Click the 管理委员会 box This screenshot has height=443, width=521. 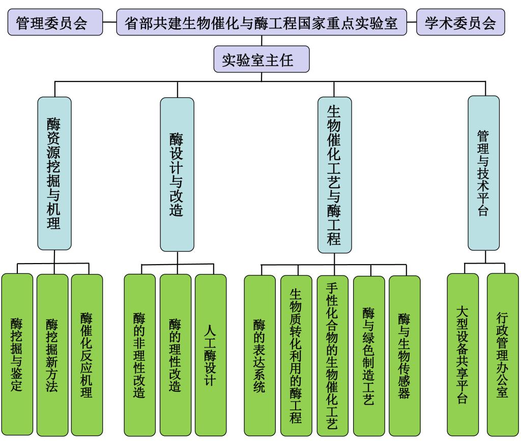(x=55, y=22)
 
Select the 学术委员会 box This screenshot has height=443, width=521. (x=460, y=22)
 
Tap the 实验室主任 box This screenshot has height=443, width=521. (x=262, y=59)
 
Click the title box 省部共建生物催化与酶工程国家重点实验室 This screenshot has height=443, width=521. (x=262, y=22)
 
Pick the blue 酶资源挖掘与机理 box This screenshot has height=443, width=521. (x=54, y=173)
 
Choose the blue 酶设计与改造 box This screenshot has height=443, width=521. (x=177, y=174)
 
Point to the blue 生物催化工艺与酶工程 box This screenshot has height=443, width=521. (x=335, y=175)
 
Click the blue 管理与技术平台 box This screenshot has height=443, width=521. (x=484, y=173)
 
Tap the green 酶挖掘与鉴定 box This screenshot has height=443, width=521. (x=17, y=354)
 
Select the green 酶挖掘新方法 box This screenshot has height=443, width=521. (x=52, y=355)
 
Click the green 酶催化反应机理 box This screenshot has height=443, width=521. (x=87, y=355)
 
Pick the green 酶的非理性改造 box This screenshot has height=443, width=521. (x=140, y=355)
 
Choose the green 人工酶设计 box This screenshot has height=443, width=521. (x=211, y=355)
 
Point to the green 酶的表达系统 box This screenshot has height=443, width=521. (x=260, y=355)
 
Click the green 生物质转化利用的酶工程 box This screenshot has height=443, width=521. (x=297, y=355)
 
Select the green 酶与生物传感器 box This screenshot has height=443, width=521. (x=404, y=355)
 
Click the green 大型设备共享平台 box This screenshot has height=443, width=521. (x=463, y=355)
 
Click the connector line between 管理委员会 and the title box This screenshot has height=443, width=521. (x=110, y=22)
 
